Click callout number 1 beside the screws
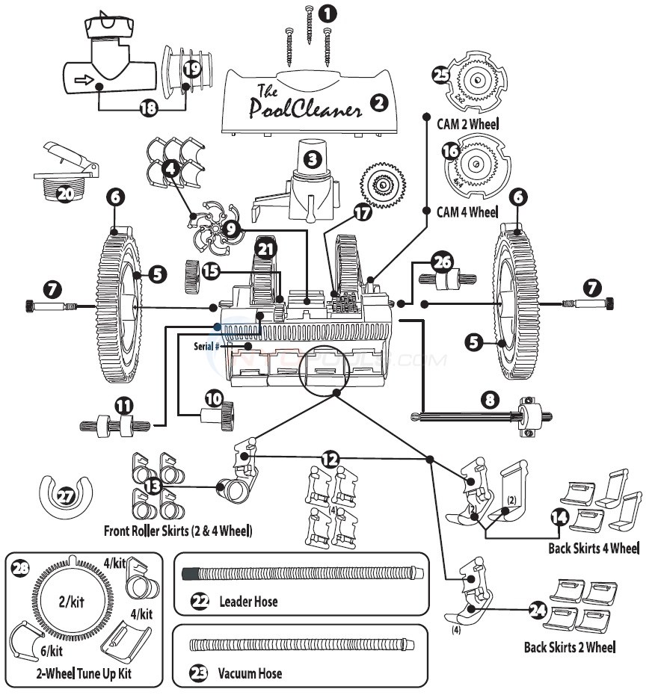point(327,13)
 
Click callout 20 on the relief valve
point(65,194)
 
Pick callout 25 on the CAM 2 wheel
point(441,75)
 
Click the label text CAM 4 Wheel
point(467,211)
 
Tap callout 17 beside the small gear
point(362,212)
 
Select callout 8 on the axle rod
point(489,400)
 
